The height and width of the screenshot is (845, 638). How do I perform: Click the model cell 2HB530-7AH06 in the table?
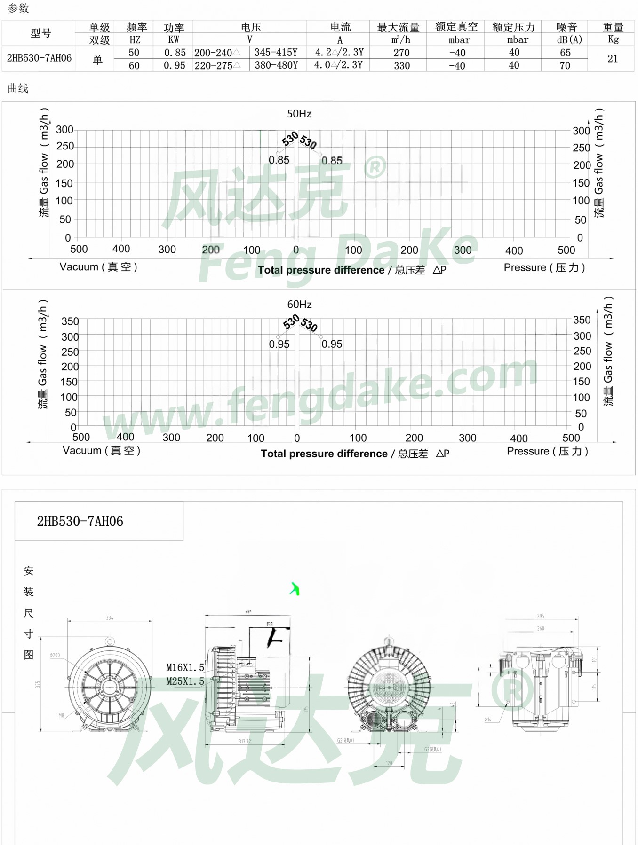tap(39, 58)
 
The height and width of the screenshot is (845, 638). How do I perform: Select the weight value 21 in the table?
tap(612, 59)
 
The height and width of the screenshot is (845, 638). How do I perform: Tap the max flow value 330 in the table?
tap(401, 66)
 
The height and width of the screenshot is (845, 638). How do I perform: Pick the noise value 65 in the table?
tap(565, 53)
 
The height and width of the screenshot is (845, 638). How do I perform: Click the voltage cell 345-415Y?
tap(276, 53)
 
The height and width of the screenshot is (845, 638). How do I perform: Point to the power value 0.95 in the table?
tap(174, 66)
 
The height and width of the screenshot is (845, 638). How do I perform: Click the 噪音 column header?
tap(566, 27)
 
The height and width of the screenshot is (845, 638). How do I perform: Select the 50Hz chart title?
tap(299, 114)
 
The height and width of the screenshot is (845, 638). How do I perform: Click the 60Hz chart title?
tap(299, 305)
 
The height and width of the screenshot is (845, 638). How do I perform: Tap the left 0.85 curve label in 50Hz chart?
tap(279, 160)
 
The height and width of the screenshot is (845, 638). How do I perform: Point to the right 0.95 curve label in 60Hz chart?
tap(332, 344)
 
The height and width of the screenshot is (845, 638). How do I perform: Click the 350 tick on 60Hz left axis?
tap(70, 321)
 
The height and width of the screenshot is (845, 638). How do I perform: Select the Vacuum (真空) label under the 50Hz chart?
tap(98, 267)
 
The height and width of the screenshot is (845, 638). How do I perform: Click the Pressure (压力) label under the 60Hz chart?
tap(547, 451)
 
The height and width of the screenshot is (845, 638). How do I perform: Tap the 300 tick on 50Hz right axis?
tap(581, 131)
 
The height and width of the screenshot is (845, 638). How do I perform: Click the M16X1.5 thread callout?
tap(185, 668)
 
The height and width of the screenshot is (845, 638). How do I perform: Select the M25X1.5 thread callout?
tap(185, 681)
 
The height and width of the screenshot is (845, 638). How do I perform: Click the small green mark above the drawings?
tap(295, 589)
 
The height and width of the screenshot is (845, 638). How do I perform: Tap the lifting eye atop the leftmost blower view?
tap(110, 641)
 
